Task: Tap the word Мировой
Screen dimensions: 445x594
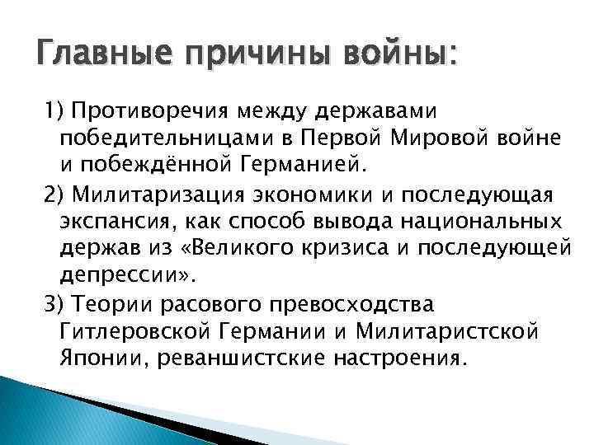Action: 450,136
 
